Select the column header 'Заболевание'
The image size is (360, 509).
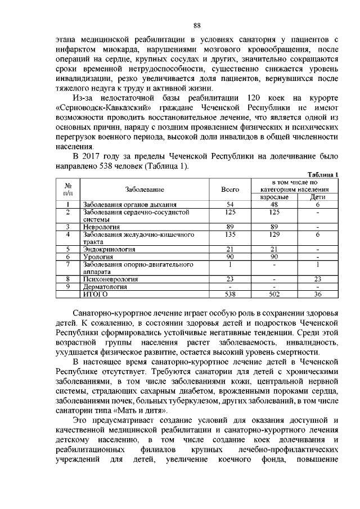(145, 190)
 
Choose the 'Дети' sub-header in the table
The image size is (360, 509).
(318, 197)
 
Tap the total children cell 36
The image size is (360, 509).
(318, 293)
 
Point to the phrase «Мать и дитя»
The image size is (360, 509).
(133, 411)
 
